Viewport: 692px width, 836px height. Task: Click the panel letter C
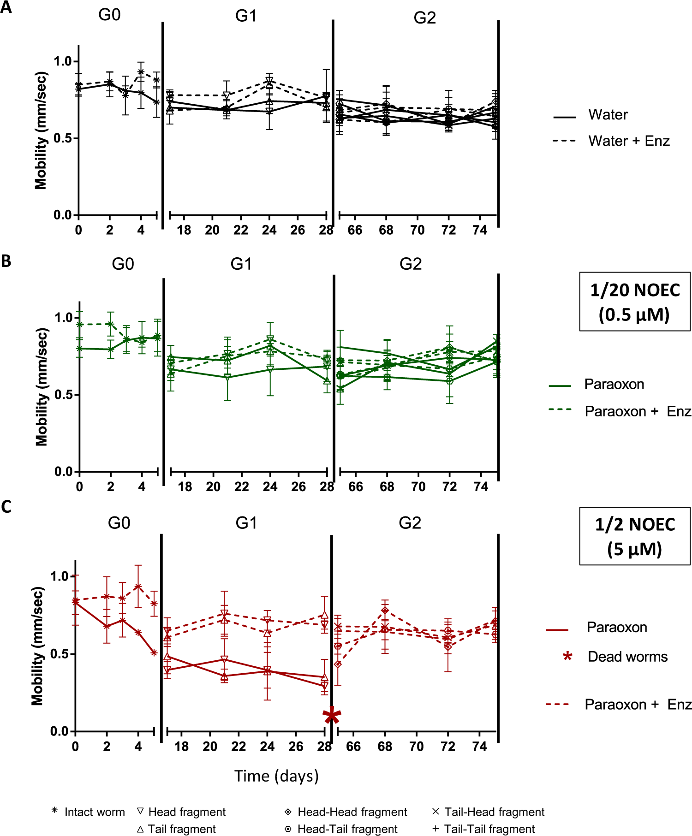[6, 507]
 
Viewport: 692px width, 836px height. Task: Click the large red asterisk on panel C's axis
[332, 716]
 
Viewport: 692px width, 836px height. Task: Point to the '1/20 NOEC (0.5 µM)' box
[635, 302]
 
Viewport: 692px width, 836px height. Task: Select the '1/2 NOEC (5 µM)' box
[635, 536]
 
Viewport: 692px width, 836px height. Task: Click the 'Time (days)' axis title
[276, 776]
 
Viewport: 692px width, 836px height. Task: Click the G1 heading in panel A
[246, 16]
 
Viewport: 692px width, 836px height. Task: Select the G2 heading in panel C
[410, 523]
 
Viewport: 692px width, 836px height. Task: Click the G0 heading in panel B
[123, 264]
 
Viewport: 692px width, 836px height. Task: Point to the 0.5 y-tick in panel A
[63, 138]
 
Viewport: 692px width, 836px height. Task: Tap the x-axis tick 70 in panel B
[418, 486]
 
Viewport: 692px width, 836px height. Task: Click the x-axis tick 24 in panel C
[267, 747]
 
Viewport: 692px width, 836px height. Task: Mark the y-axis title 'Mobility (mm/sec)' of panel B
[42, 387]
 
